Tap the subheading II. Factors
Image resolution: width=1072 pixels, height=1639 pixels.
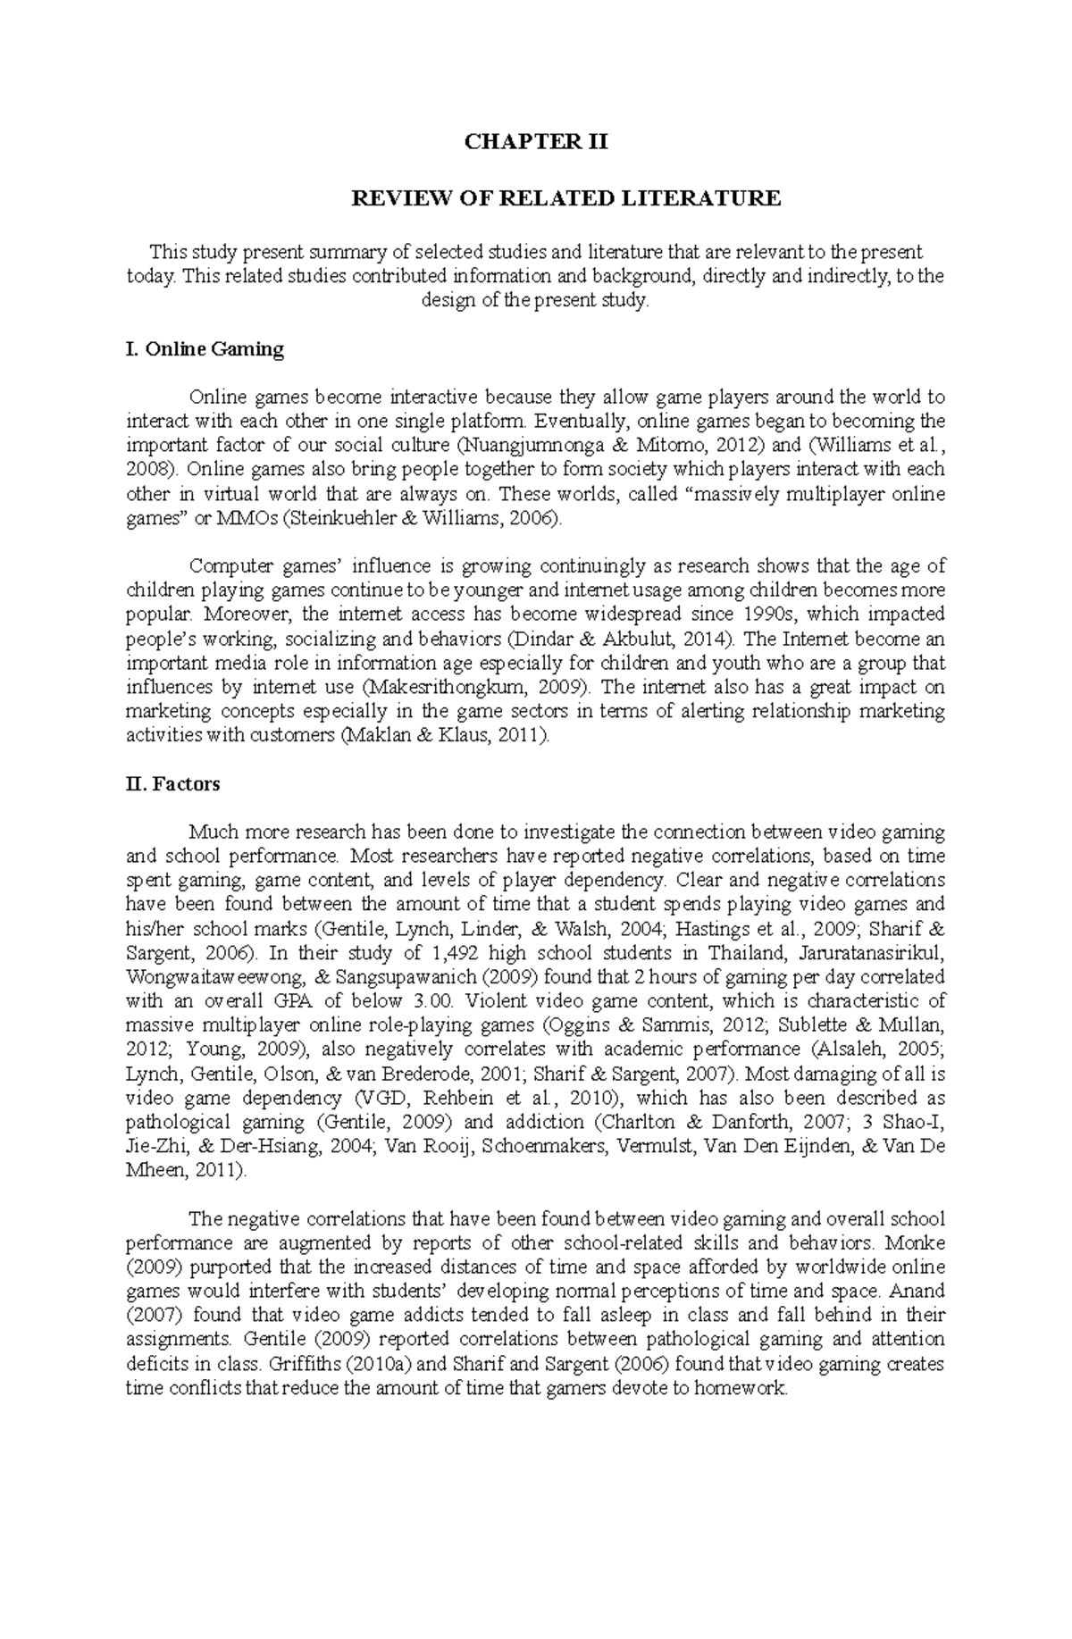coord(173,784)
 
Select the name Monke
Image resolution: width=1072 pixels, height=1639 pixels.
coord(919,1243)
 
